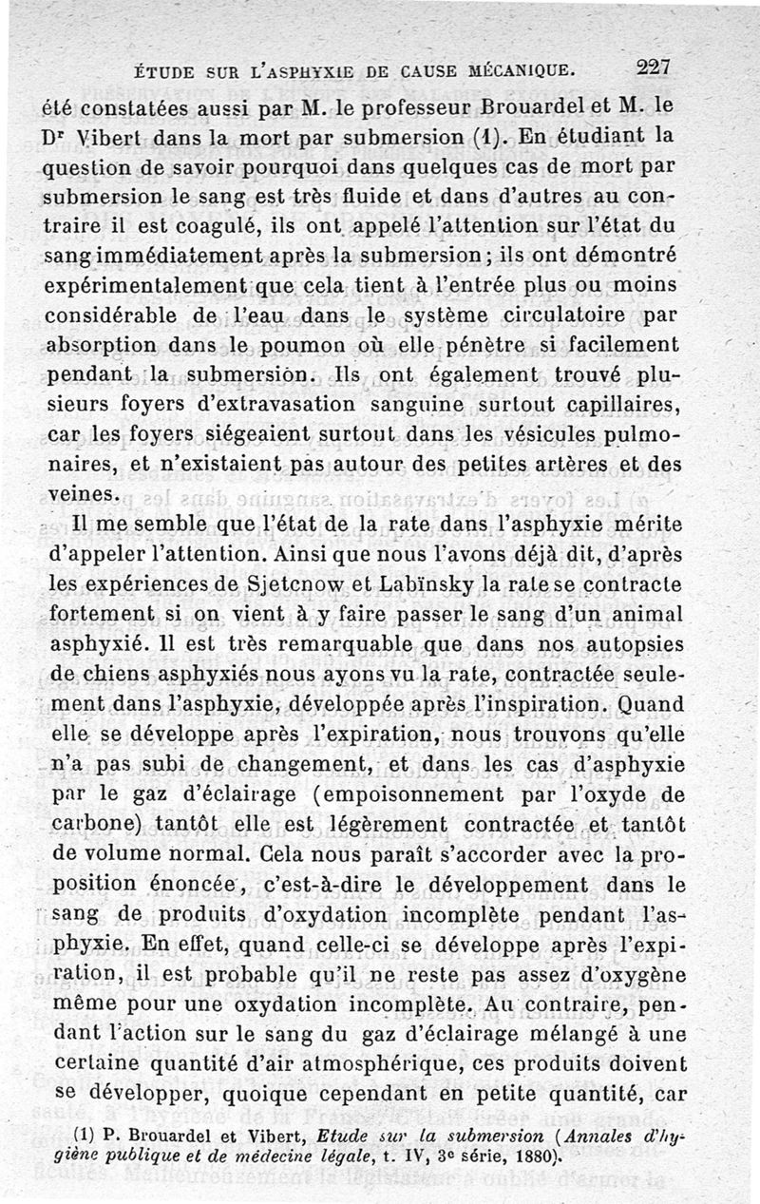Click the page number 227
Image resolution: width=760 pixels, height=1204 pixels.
pos(654,67)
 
